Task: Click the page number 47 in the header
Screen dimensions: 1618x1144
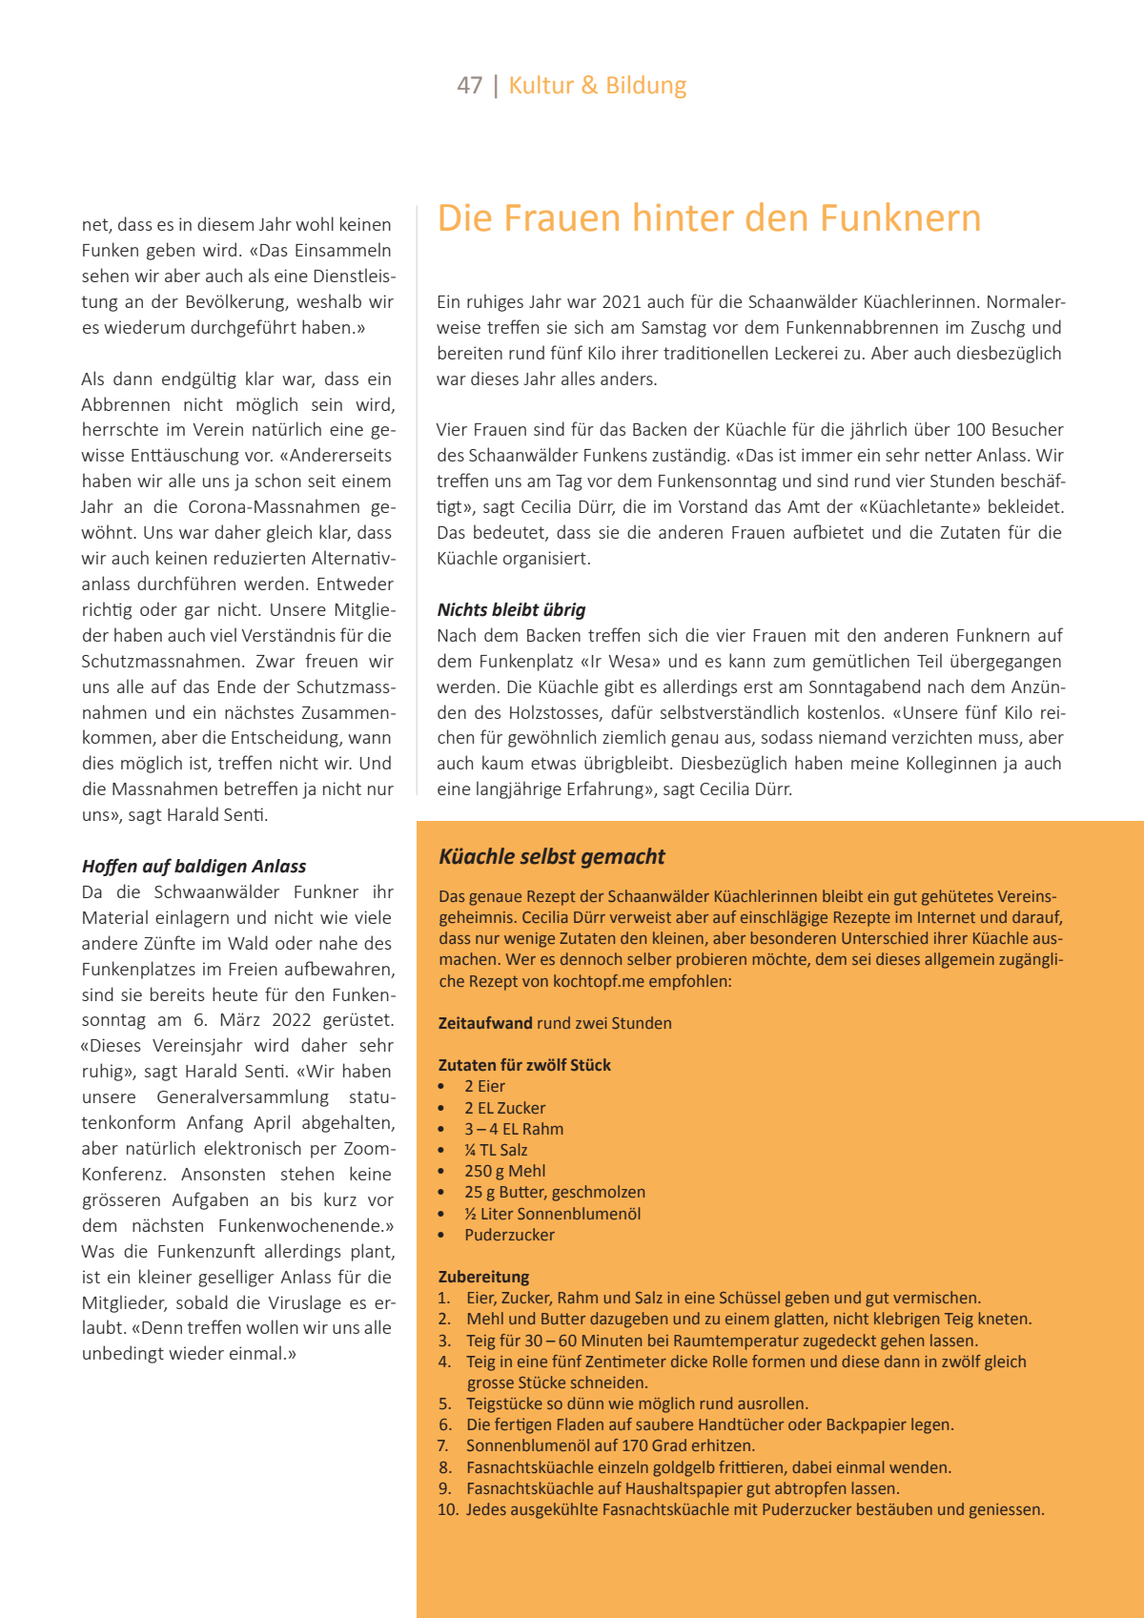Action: [x=470, y=86]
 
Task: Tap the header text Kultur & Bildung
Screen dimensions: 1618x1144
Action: [x=597, y=86]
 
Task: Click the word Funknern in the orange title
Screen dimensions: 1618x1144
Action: [x=900, y=218]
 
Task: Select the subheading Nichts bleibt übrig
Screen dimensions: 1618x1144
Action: [x=511, y=610]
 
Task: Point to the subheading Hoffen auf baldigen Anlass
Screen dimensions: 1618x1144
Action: [x=194, y=867]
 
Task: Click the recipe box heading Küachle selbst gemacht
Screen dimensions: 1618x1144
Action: [x=551, y=857]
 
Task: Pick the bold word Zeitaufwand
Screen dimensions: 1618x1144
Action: [x=485, y=1023]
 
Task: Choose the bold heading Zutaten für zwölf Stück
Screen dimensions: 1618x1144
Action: [x=524, y=1065]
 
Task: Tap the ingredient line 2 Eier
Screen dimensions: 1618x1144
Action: [x=484, y=1087]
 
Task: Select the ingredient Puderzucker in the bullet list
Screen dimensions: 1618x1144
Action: [x=509, y=1235]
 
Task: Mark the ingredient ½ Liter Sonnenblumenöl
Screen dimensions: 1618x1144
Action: [x=552, y=1214]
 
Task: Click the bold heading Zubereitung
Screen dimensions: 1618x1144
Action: [x=483, y=1277]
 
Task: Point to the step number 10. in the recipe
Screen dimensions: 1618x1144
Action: [x=448, y=1509]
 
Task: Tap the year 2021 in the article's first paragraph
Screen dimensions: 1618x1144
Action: [x=622, y=302]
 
